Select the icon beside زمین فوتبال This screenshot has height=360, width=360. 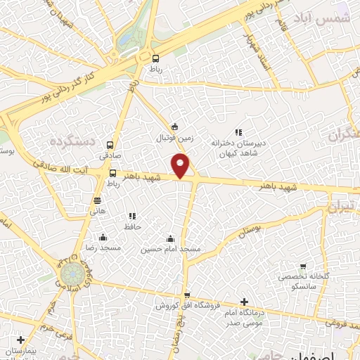click(x=175, y=127)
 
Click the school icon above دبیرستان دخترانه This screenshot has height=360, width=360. click(x=238, y=131)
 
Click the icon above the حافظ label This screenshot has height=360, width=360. click(x=131, y=216)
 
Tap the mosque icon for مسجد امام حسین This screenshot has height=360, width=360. click(x=169, y=238)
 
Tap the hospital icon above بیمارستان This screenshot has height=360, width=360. click(x=21, y=340)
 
